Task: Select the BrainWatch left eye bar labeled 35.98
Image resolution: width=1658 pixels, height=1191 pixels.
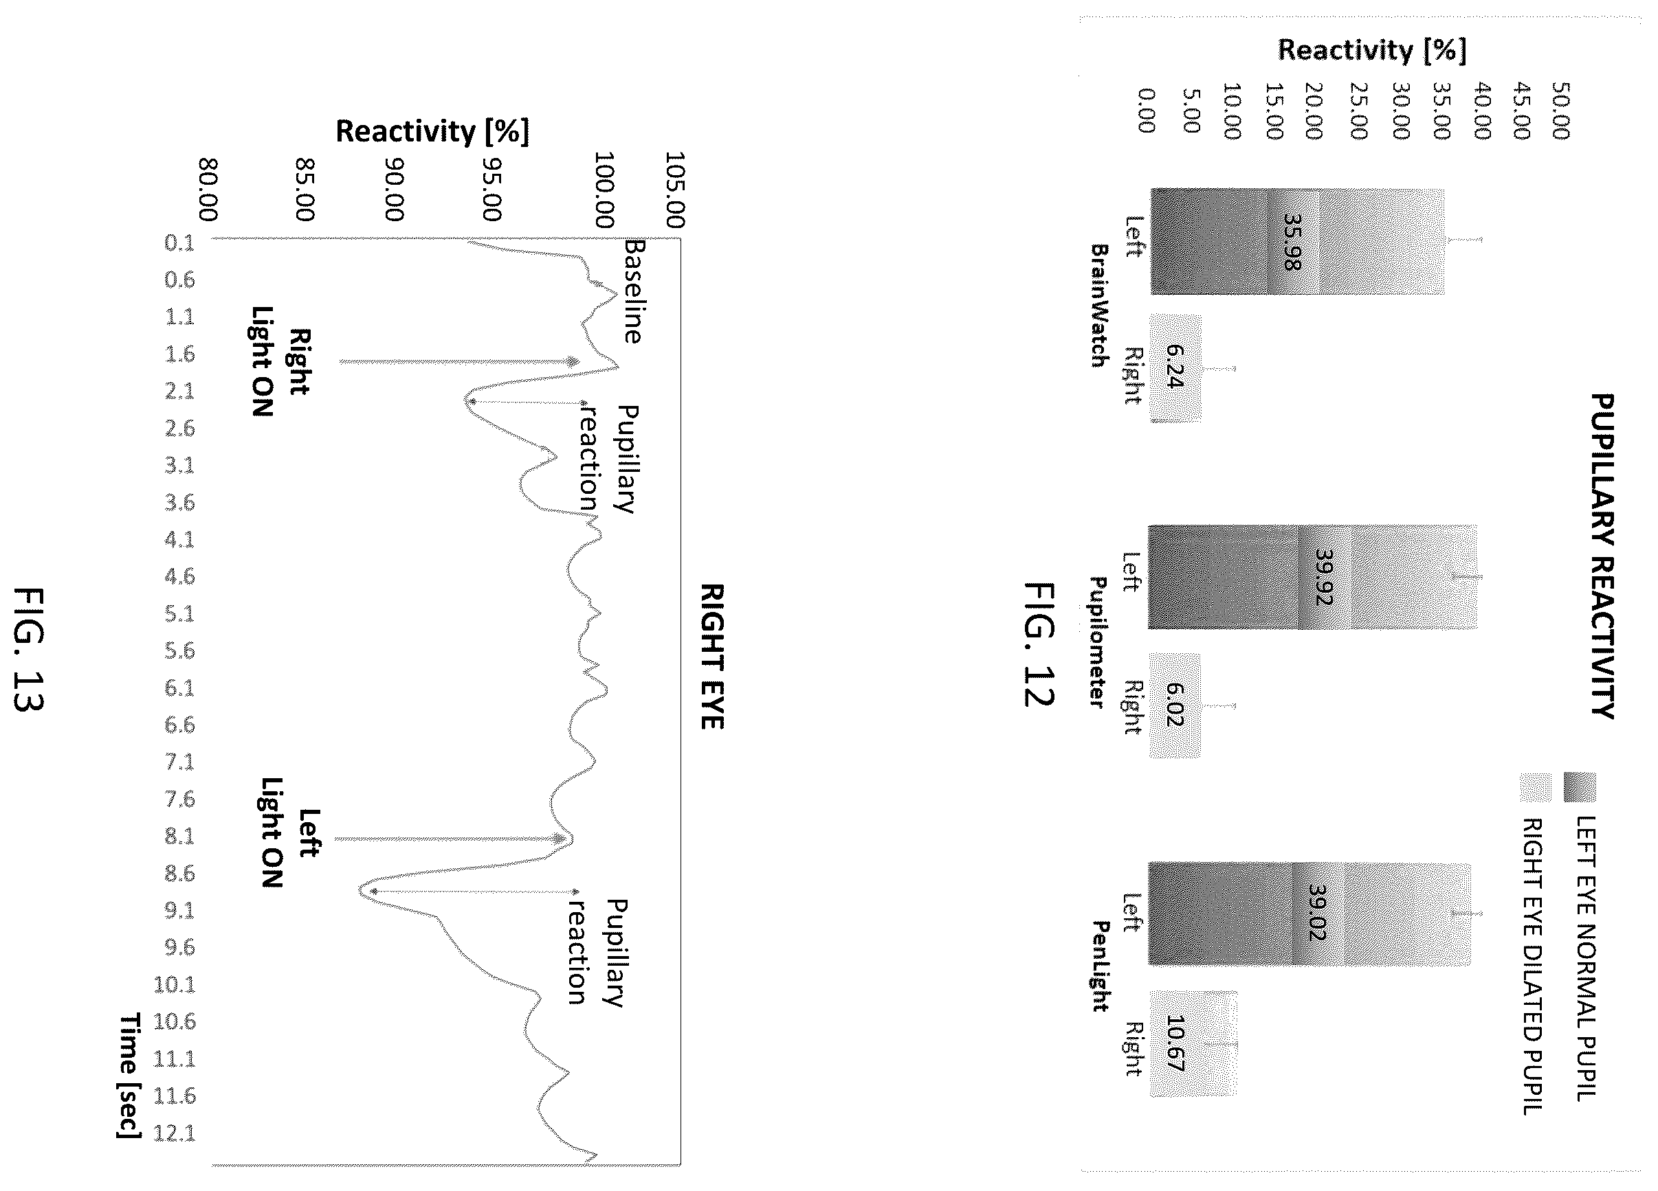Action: [1298, 242]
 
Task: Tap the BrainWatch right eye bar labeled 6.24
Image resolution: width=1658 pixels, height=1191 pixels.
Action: [1175, 368]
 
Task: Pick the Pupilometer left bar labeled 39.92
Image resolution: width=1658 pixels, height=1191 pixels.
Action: [1313, 576]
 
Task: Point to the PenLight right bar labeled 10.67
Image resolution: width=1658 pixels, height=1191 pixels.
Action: [1193, 1043]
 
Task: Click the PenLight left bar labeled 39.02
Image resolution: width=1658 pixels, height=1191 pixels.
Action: [1309, 914]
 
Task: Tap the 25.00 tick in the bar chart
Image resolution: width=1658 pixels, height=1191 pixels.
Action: [1358, 111]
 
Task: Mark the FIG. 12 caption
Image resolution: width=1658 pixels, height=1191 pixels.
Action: [1039, 644]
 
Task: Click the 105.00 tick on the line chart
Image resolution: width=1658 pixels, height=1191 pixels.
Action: [675, 190]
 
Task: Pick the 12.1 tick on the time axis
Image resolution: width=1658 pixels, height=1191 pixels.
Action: [175, 1133]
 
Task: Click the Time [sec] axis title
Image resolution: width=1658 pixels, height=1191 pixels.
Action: [129, 1076]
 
